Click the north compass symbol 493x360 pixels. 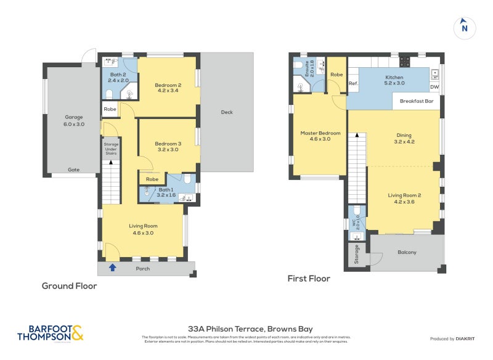[465, 28]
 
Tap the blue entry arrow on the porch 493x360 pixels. [112, 268]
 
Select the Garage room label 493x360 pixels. [74, 120]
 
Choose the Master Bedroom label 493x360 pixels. [320, 136]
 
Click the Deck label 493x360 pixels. [227, 112]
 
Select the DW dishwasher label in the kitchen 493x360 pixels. [434, 87]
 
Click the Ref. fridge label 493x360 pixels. [353, 83]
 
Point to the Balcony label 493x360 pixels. [406, 252]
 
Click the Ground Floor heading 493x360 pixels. [69, 286]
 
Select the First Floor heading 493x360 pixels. [309, 279]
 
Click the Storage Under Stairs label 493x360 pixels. [111, 149]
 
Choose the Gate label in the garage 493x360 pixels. [73, 170]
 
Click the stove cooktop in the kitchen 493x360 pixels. [405, 62]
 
